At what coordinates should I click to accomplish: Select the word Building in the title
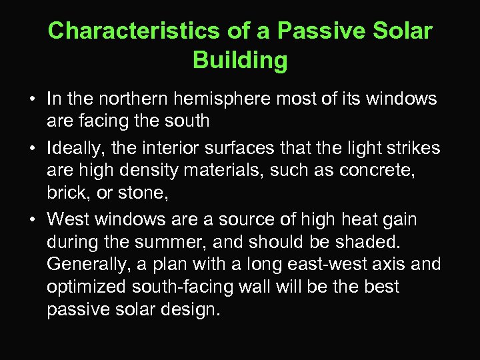click(x=240, y=60)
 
